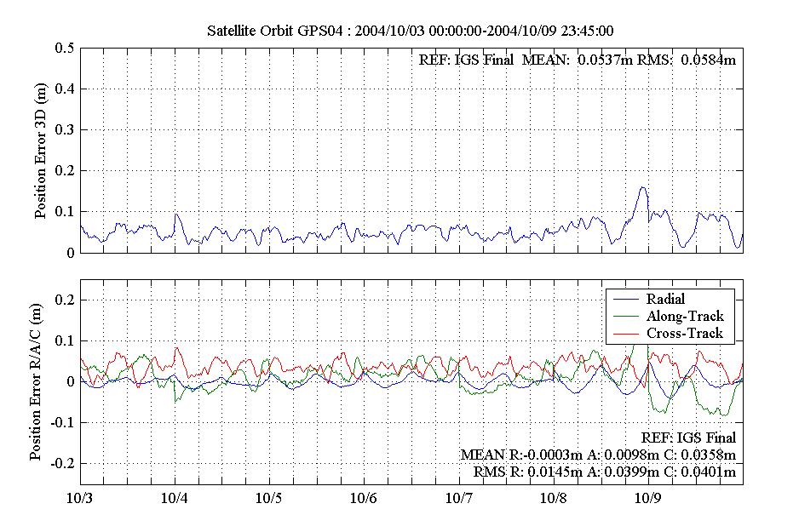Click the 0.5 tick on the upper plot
63,49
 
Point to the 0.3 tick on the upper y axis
63,130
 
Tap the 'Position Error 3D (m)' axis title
41,151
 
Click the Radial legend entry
665,300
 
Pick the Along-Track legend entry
684,317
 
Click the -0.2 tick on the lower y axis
60,464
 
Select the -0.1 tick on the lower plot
60,423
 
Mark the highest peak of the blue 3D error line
642,188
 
